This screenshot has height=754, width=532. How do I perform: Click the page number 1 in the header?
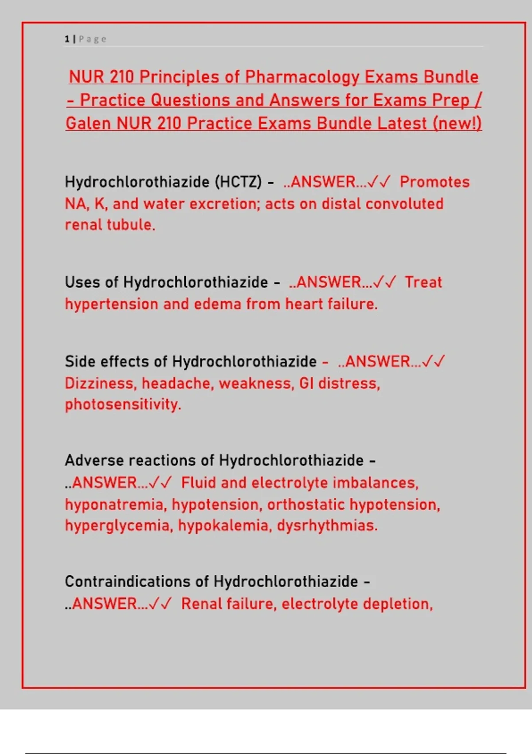point(67,39)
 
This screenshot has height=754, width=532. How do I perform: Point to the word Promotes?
point(434,182)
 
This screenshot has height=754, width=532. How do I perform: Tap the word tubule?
point(133,225)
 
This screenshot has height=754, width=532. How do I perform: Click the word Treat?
point(423,282)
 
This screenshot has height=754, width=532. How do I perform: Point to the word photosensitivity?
point(123,404)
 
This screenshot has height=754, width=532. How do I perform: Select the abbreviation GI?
point(306,383)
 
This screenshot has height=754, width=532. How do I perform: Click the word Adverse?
point(94,460)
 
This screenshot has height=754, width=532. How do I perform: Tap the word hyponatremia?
point(116,505)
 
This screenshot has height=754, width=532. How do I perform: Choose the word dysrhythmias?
point(327,526)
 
